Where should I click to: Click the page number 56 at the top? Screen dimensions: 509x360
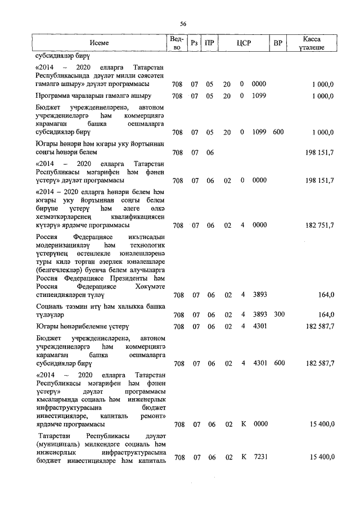pyautogui.click(x=183, y=24)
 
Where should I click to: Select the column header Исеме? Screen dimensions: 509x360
pyautogui.click(x=99, y=43)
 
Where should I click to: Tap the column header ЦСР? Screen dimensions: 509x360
pyautogui.click(x=244, y=43)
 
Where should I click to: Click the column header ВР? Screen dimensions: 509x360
pyautogui.click(x=277, y=43)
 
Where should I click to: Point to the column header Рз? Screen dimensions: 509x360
pyautogui.click(x=195, y=43)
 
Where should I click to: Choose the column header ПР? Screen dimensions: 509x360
pyautogui.click(x=209, y=43)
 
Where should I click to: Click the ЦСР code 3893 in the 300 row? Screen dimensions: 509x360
pyautogui.click(x=259, y=315)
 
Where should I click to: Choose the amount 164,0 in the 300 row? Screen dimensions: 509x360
pyautogui.click(x=326, y=315)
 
